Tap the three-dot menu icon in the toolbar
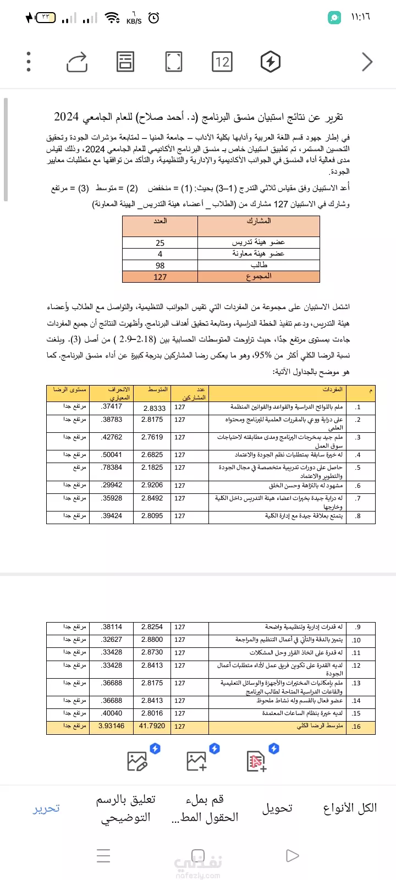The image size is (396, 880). (x=29, y=62)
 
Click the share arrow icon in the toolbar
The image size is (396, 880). (x=77, y=62)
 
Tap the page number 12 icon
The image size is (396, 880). (x=222, y=62)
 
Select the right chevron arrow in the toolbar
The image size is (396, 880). (x=367, y=62)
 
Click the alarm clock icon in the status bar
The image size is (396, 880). (x=154, y=18)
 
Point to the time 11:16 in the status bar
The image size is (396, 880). (x=360, y=17)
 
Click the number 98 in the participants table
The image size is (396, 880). (x=160, y=265)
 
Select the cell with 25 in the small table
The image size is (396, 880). (x=160, y=243)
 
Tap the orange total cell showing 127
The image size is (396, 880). (x=160, y=277)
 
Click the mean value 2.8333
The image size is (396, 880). (x=155, y=408)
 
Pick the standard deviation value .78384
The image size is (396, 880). (x=112, y=467)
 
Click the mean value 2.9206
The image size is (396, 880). (x=152, y=485)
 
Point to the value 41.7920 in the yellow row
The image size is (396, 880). (x=152, y=726)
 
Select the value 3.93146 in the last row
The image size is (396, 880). (x=111, y=726)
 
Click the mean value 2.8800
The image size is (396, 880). (x=152, y=640)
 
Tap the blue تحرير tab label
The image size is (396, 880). (x=46, y=809)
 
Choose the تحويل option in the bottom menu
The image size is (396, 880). (x=277, y=809)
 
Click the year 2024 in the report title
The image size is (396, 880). (x=67, y=117)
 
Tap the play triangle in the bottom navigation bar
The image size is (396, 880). (x=293, y=855)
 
